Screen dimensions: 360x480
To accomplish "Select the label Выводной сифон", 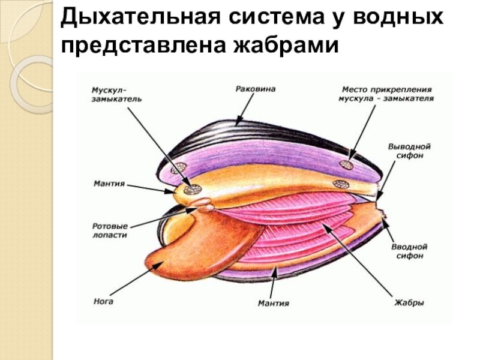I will tap(410, 150).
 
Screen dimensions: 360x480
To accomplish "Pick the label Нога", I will tap(103, 302).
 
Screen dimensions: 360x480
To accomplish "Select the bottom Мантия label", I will tap(274, 304).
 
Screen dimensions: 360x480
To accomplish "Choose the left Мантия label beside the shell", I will tap(109, 183).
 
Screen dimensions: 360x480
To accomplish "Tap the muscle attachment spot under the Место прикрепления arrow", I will tap(346, 164).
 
